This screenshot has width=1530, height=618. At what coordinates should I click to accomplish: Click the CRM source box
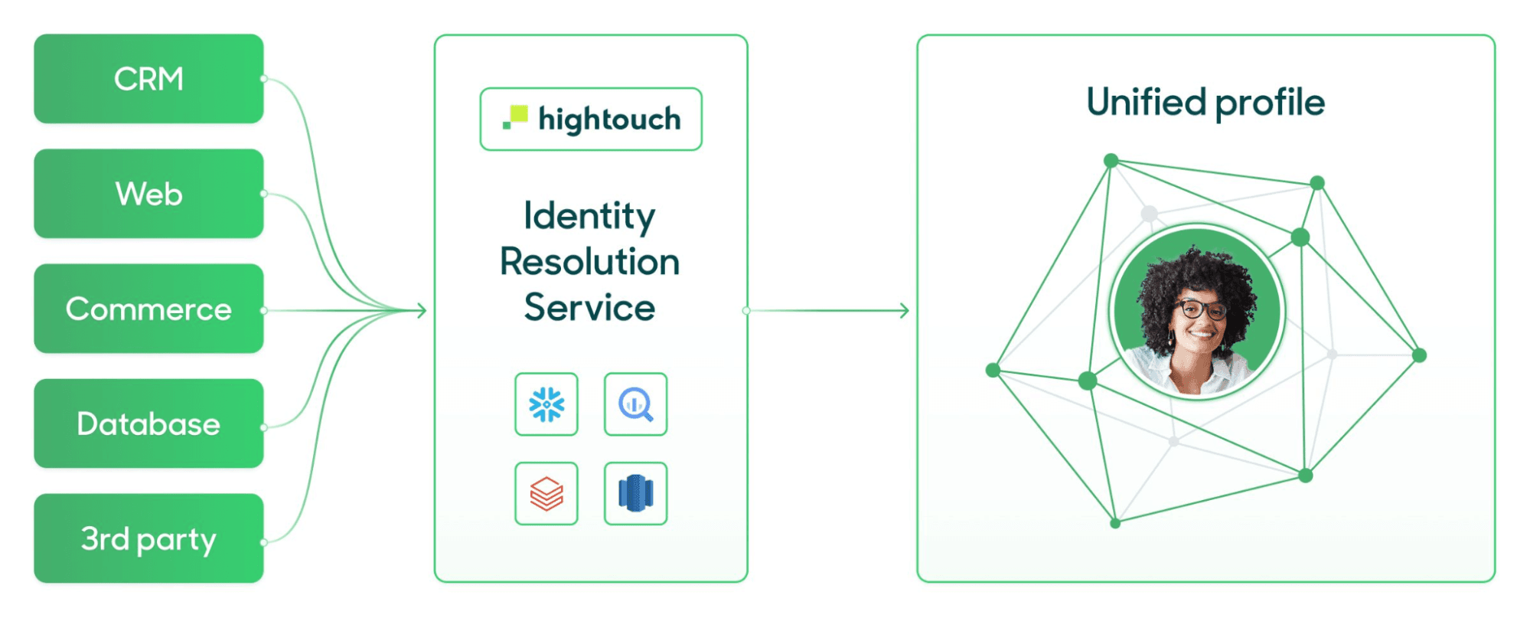tap(148, 79)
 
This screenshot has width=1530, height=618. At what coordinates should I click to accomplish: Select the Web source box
tap(148, 194)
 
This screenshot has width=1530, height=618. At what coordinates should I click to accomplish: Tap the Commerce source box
tap(148, 309)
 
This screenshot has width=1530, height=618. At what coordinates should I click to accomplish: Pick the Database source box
tap(148, 423)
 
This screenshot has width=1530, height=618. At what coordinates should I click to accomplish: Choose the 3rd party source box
tap(148, 538)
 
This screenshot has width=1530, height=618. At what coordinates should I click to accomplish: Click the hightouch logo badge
tap(591, 119)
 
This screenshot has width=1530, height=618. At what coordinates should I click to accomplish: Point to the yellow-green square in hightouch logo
tap(519, 114)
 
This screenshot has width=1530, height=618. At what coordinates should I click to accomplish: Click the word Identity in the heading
tap(589, 216)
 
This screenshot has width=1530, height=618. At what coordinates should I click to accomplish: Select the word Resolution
tap(589, 262)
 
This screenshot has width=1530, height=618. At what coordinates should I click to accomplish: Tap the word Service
tap(589, 308)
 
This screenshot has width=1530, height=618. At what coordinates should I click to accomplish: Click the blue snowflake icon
tap(546, 404)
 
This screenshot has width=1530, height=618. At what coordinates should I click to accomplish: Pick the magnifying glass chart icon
tap(635, 404)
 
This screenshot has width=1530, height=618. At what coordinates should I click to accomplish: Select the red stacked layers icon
tap(546, 493)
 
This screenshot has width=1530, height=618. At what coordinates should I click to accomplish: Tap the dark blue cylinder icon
tap(635, 493)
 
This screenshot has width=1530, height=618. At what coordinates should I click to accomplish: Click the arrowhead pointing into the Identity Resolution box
tap(422, 310)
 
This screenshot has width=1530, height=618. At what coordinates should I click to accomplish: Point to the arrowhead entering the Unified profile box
tap(905, 310)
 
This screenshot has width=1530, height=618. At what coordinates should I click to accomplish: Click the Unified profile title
tap(1205, 103)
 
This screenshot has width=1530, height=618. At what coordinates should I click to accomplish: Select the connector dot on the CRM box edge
tap(263, 79)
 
